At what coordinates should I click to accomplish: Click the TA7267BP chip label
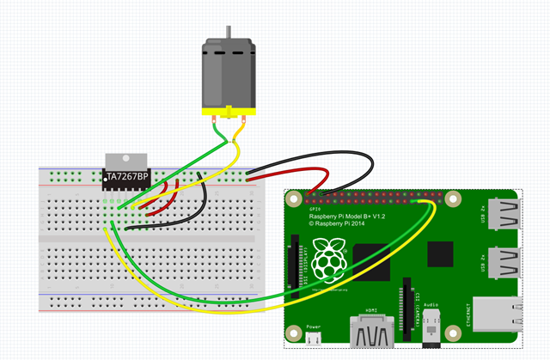pyautogui.click(x=126, y=177)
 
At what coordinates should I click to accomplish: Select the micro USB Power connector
pyautogui.click(x=314, y=340)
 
